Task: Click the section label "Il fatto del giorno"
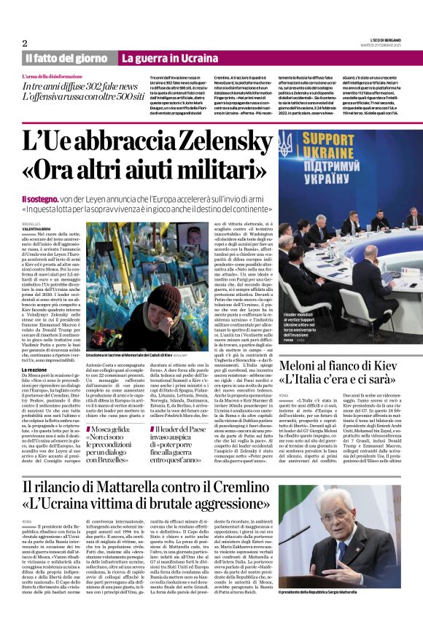(66, 58)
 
